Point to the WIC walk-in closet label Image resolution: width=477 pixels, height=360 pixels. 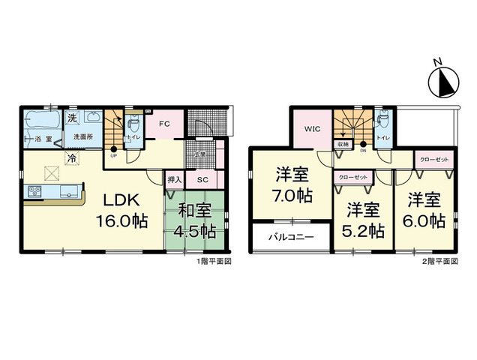312,129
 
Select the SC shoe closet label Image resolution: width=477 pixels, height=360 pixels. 202,180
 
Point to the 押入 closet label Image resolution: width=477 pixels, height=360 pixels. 174,180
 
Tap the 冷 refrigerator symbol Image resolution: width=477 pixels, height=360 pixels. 71,158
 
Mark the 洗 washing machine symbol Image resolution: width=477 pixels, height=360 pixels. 71,118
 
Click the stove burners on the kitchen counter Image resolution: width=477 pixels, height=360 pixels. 34,190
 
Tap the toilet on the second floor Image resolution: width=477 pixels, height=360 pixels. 382,120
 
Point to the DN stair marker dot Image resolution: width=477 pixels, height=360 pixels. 364,144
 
